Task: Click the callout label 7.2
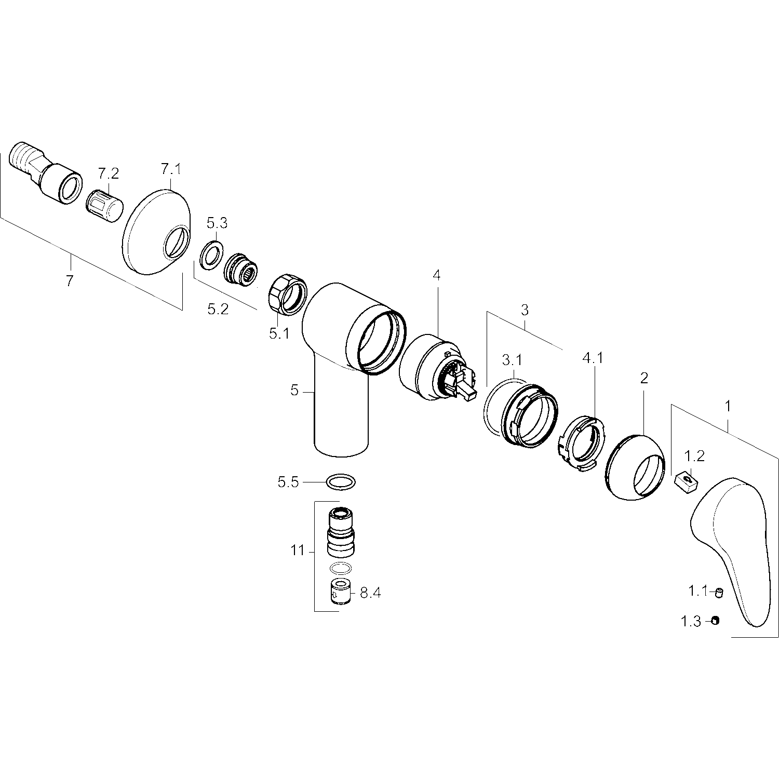[x=109, y=173]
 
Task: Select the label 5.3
[x=217, y=223]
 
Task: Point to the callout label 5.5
[x=289, y=482]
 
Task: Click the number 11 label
[x=298, y=550]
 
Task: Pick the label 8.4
[x=370, y=593]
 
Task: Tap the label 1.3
[x=691, y=621]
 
